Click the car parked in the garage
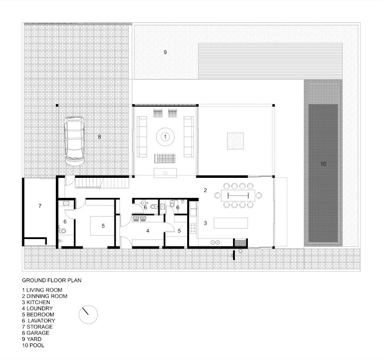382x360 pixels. pos(74,141)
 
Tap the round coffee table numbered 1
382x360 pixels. pos(165,137)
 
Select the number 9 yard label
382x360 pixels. pos(165,52)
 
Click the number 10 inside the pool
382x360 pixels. pos(323,164)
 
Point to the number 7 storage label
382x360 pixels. pos(40,206)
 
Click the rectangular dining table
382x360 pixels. pos(238,196)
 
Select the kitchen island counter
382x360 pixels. pos(231,223)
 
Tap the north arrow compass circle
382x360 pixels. pos(88,315)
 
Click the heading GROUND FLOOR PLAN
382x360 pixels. pos(52,280)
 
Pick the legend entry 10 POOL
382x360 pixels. pos(33,345)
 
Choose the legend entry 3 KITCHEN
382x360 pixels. pos(36,302)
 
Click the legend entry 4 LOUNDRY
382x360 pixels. pos(37,308)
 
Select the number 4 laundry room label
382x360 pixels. pos(148,231)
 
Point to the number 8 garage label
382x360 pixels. pos(99,137)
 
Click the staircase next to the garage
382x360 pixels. pos(102,183)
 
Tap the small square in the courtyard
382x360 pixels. pos(235,141)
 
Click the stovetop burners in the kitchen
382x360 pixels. pos(193,228)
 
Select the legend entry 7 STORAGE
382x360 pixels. pos(37,327)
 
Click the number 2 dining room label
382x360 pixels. pos(205,190)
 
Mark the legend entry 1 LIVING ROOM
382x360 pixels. pos(42,290)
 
